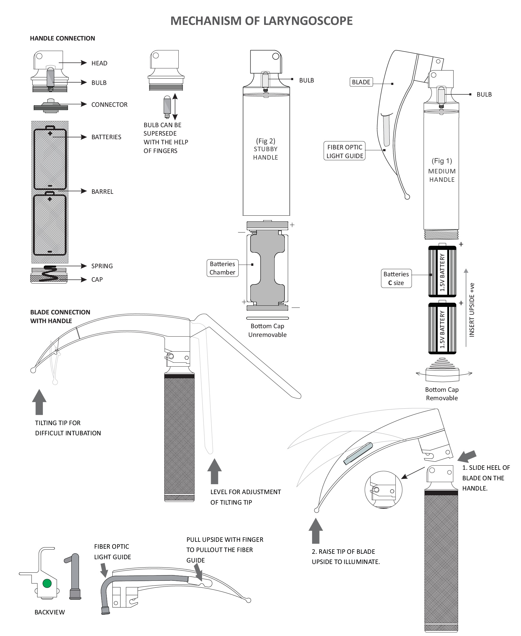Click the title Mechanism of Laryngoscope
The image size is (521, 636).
(x=261, y=21)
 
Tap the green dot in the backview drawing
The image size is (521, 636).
(x=47, y=583)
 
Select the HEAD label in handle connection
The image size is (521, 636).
(x=99, y=63)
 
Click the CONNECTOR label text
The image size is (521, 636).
(x=109, y=104)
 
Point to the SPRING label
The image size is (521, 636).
(x=102, y=266)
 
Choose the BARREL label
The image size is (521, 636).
(x=102, y=192)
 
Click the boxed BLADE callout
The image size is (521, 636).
(x=361, y=82)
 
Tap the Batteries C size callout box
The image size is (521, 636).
(x=396, y=278)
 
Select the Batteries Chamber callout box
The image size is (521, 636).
(x=222, y=268)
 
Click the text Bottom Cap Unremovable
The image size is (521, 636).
(x=267, y=330)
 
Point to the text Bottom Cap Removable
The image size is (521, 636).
(x=442, y=394)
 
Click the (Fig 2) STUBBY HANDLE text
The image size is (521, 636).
(x=266, y=149)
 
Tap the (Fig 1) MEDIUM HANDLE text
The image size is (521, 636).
(x=442, y=170)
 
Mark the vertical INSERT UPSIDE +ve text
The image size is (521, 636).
(x=472, y=310)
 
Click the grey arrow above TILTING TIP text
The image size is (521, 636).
(x=39, y=402)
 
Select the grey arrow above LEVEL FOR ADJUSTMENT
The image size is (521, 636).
(x=214, y=471)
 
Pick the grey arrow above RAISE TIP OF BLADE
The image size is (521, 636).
(x=316, y=531)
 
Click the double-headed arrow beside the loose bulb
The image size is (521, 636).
(x=175, y=106)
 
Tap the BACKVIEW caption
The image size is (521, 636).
(x=49, y=612)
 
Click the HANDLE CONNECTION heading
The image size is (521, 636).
(x=62, y=38)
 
